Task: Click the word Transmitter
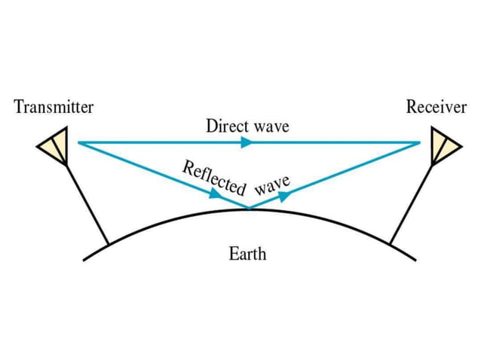54,107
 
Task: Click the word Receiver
437,107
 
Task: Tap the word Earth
247,253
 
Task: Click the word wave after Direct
271,125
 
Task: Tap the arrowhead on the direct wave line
245,142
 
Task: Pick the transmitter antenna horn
55,145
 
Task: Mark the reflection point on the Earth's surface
249,209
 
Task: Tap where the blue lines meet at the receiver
420,142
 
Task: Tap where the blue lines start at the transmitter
78,142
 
